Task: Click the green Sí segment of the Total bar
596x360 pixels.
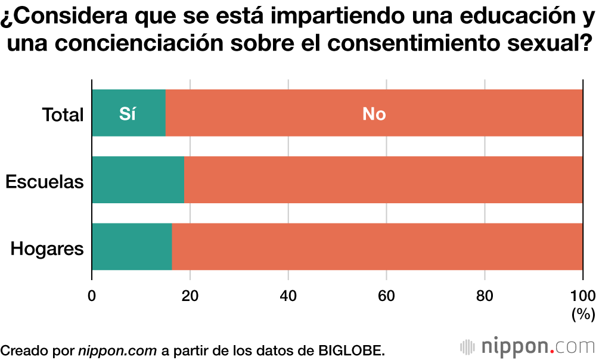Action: click(128, 113)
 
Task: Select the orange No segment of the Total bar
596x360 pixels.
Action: click(374, 113)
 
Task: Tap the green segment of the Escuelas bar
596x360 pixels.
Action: click(138, 180)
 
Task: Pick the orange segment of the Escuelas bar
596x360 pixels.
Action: click(383, 180)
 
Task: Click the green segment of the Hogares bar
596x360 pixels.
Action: click(132, 247)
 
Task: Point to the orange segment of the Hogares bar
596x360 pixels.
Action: click(377, 247)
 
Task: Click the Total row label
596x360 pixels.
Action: click(63, 114)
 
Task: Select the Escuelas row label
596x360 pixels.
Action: click(45, 181)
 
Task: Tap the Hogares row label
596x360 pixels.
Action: click(47, 248)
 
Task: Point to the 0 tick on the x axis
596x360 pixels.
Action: click(92, 295)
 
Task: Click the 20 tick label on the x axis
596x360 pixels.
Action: click(190, 295)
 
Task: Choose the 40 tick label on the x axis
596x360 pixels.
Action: click(288, 295)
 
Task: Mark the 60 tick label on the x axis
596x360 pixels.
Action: click(387, 295)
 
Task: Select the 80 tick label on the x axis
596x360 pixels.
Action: click(485, 295)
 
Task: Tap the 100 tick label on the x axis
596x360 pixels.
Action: click(582, 295)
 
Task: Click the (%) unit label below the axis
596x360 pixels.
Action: click(583, 314)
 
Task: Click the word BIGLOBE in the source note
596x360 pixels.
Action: click(352, 350)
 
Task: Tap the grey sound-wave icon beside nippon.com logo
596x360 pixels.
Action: click(468, 347)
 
